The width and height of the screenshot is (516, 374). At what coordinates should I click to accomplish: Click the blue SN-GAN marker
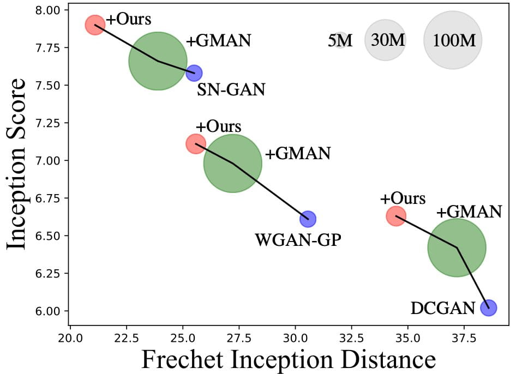(x=194, y=73)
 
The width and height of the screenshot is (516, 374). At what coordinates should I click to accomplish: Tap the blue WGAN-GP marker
(x=308, y=219)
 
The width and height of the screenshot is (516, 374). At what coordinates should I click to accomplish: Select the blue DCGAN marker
(x=488, y=307)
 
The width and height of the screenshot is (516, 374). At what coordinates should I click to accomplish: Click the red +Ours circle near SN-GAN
(x=94, y=25)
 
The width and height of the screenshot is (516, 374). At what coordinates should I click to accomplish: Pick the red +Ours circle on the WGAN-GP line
(x=195, y=143)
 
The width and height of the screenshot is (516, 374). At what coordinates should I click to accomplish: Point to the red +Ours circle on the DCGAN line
(x=396, y=215)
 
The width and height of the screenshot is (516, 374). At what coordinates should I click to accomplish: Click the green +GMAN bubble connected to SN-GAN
(x=158, y=61)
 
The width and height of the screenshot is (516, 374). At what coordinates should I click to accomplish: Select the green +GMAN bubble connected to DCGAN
(x=457, y=247)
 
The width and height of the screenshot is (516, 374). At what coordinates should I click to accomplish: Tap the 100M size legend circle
(x=453, y=40)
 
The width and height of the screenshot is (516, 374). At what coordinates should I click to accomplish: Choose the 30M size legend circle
(x=385, y=40)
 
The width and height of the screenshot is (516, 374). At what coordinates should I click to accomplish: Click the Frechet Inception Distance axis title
(x=289, y=359)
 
